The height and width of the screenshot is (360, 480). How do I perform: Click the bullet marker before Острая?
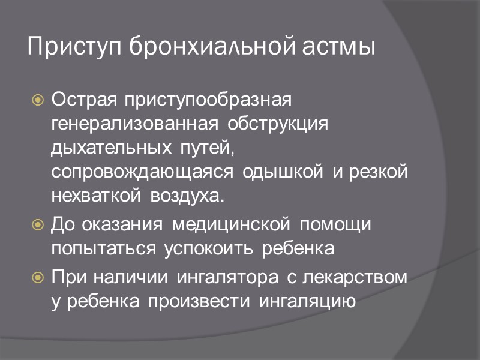click(38, 98)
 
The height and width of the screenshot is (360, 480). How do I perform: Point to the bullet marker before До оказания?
click(38, 226)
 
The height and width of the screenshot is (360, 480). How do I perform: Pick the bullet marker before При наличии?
click(38, 278)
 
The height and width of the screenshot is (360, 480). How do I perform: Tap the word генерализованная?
click(134, 123)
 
